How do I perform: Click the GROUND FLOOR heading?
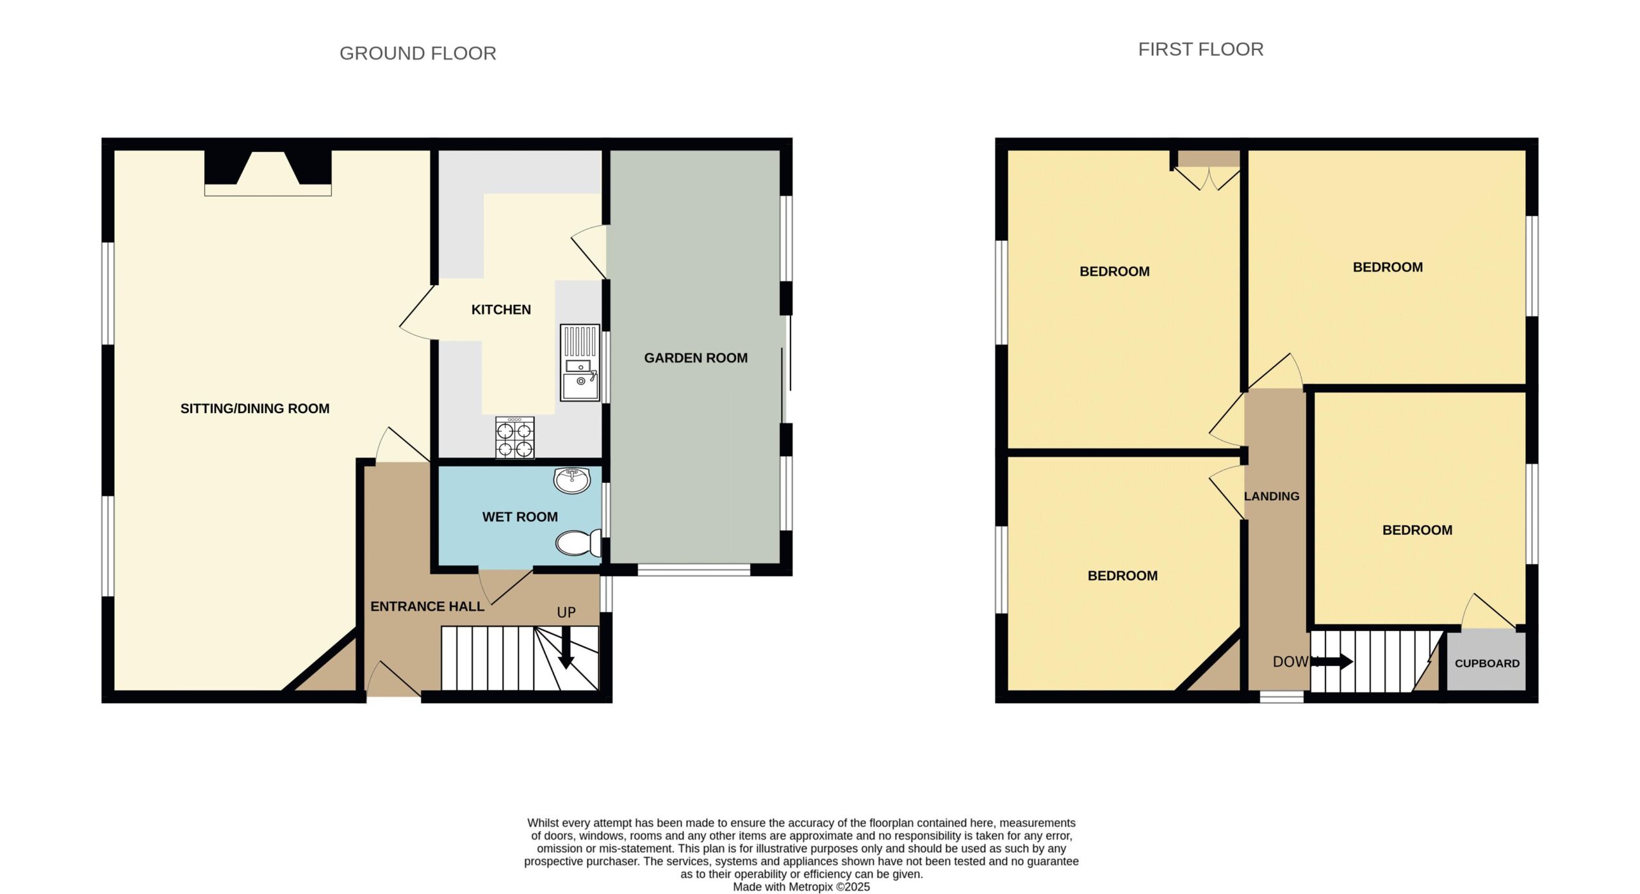pos(418,53)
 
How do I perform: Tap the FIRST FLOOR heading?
pos(1201,49)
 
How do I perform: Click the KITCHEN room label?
pos(501,310)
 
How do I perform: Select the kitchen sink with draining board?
pos(580,362)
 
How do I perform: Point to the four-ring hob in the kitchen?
pos(514,437)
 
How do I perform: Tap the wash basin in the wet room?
pos(572,480)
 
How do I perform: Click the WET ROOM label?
pos(520,517)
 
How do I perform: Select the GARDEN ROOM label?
pos(696,358)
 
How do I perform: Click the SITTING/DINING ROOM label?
pos(255,409)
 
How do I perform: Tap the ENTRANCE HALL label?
pos(427,606)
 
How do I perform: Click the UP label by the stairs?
pos(566,613)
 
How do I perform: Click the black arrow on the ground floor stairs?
pos(566,647)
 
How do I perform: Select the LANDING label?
pos(1272,496)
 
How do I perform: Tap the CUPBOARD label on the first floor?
pos(1487,663)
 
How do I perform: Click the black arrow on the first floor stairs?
pos(1332,662)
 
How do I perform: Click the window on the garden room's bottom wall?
pos(694,569)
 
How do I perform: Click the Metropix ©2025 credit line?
pos(801,887)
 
